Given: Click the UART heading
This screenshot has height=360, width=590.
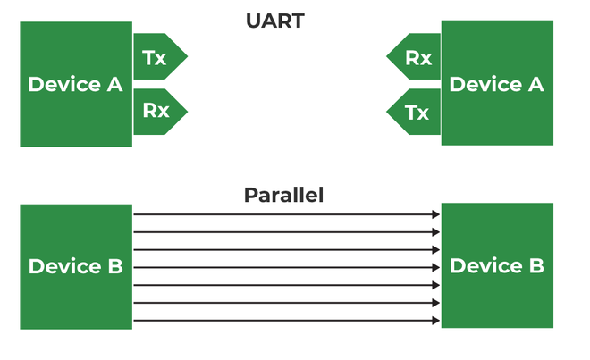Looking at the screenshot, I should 274,21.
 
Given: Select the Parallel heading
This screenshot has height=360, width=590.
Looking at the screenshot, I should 282,195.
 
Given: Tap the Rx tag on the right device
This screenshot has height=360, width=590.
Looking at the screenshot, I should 417,58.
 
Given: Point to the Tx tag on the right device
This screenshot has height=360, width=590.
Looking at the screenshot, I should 417,113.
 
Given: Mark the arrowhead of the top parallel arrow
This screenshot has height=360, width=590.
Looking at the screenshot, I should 436,214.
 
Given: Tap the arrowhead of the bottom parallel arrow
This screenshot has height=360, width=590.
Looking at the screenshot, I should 436,321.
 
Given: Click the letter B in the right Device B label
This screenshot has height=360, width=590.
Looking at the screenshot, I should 535,266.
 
